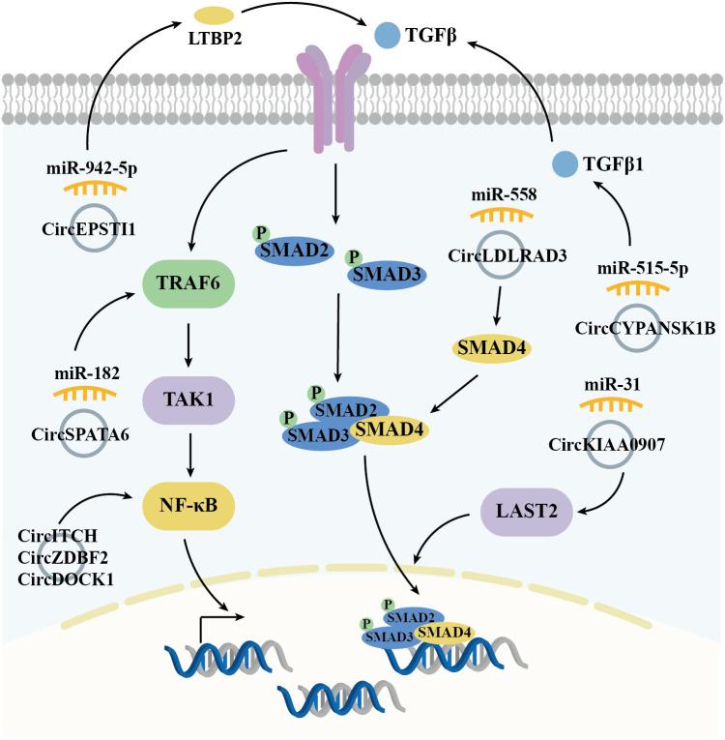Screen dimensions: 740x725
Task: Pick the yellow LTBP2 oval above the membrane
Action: pyautogui.click(x=213, y=16)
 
